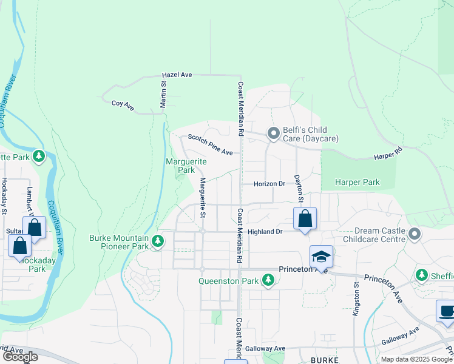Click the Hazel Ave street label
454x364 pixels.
(x=177, y=75)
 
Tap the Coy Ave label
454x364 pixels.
(x=123, y=104)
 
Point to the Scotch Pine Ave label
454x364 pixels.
(x=210, y=144)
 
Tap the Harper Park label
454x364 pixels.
(x=358, y=182)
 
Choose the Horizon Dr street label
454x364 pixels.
(x=269, y=184)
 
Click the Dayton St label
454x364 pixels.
(x=299, y=189)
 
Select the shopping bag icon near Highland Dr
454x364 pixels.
(x=305, y=218)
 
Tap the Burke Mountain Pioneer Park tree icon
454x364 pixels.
(x=158, y=241)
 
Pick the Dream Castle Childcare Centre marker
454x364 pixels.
(x=415, y=234)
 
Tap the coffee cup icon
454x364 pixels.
(x=447, y=311)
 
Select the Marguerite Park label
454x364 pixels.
(x=186, y=166)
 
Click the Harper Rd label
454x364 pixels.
(x=389, y=152)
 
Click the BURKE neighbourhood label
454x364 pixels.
(x=320, y=360)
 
